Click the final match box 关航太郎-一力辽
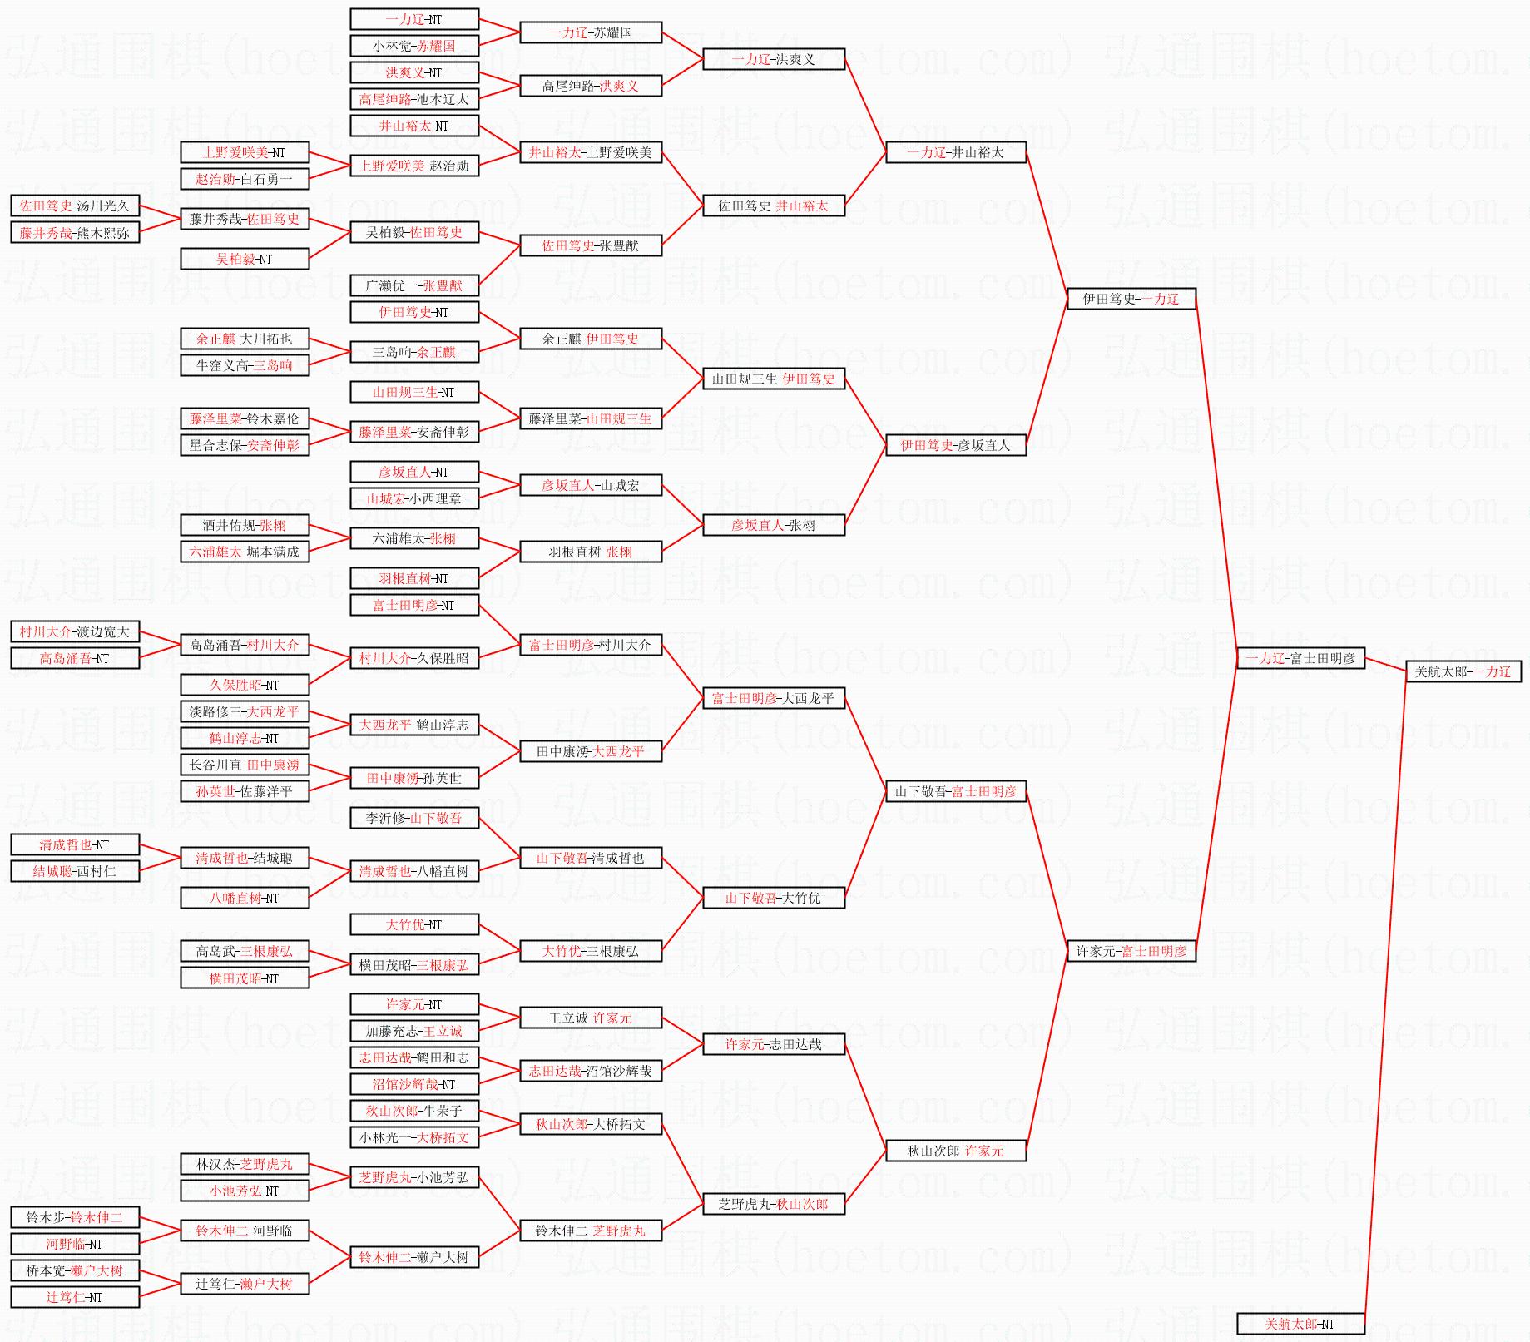pyautogui.click(x=1463, y=671)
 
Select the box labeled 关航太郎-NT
pyautogui.click(x=1300, y=1324)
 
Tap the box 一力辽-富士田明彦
pyautogui.click(x=1300, y=658)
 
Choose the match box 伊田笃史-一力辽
pyautogui.click(x=1131, y=299)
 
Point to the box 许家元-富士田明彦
pyautogui.click(x=1131, y=951)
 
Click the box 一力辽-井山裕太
pyautogui.click(x=955, y=152)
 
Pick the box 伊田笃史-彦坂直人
pyautogui.click(x=955, y=445)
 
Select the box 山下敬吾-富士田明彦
pyautogui.click(x=955, y=791)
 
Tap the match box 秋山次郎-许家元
pyautogui.click(x=955, y=1151)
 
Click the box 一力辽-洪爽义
pyautogui.click(x=773, y=59)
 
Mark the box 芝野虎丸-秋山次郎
pyautogui.click(x=773, y=1204)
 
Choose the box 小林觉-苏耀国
pyautogui.click(x=413, y=46)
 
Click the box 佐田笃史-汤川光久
pyautogui.click(x=75, y=206)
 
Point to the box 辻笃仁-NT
pyautogui.click(x=75, y=1297)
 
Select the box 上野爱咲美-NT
pyautogui.click(x=245, y=152)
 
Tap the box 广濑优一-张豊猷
pyautogui.click(x=413, y=285)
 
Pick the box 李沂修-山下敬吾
pyautogui.click(x=413, y=818)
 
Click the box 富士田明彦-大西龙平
pyautogui.click(x=773, y=698)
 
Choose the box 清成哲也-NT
pyautogui.click(x=75, y=844)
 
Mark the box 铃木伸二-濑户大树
pyautogui.click(x=413, y=1257)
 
